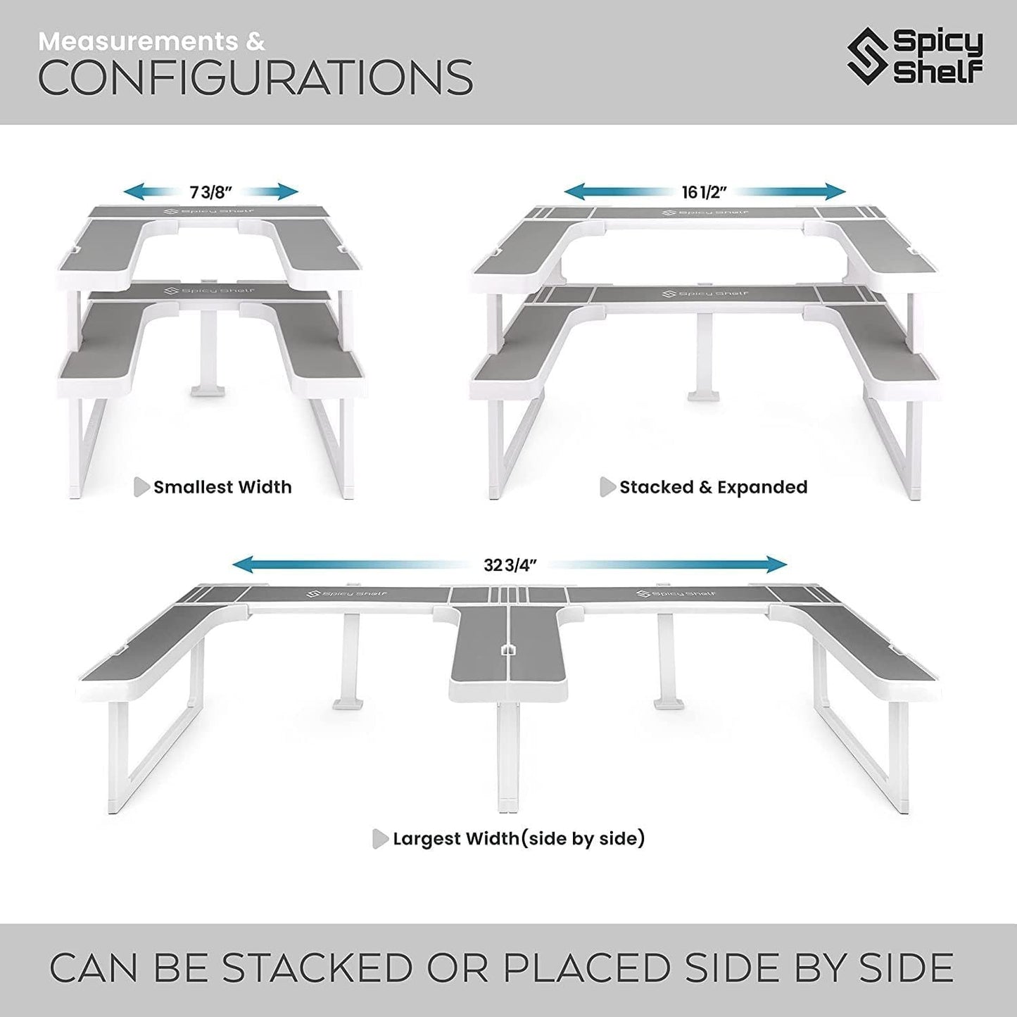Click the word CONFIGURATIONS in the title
pos(255,77)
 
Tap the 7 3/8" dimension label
pos(211,193)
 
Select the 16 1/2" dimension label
pos(705,192)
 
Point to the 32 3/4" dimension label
pos(510,565)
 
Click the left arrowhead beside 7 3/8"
pos(134,191)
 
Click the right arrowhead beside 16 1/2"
pos(835,191)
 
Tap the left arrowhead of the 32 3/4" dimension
pos(244,564)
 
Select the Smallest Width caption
pos(222,487)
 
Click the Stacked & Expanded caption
pos(714,487)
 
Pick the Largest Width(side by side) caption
pos(519,839)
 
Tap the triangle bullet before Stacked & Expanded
pos(608,487)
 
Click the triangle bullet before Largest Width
pos(381,839)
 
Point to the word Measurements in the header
pos(138,42)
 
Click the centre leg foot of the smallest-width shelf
pos(208,391)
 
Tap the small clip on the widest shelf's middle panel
pos(507,649)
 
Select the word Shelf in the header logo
pos(938,72)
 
